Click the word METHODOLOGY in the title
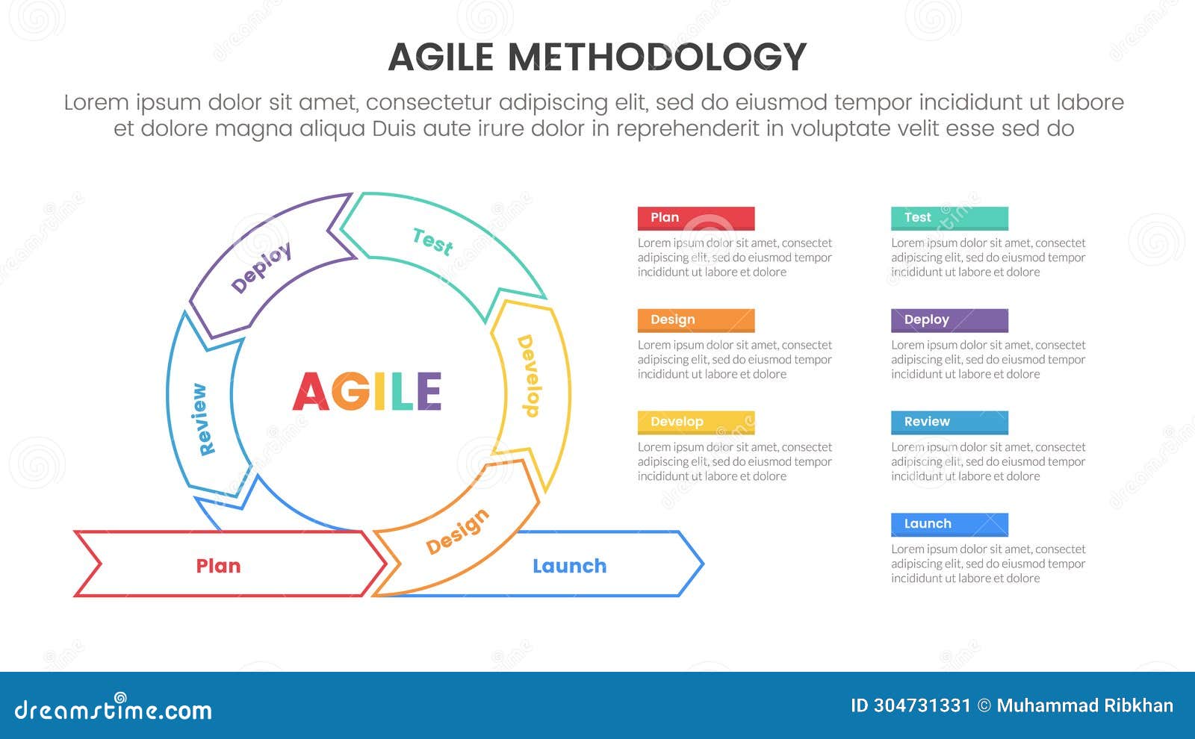[x=657, y=57]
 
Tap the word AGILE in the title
[x=441, y=57]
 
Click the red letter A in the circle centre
[x=310, y=392]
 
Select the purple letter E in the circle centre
[x=429, y=392]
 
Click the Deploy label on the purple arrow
[x=261, y=267]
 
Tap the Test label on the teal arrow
[x=432, y=241]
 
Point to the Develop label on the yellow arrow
[x=528, y=375]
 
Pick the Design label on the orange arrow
[x=457, y=531]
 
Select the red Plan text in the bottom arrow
[x=218, y=566]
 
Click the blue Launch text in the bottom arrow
[x=569, y=566]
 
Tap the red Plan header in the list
[x=695, y=218]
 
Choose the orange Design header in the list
[x=695, y=320]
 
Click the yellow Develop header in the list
[x=695, y=422]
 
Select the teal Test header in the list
[x=949, y=218]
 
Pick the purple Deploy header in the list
[x=949, y=320]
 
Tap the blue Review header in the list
[x=949, y=422]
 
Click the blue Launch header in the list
[x=949, y=524]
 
